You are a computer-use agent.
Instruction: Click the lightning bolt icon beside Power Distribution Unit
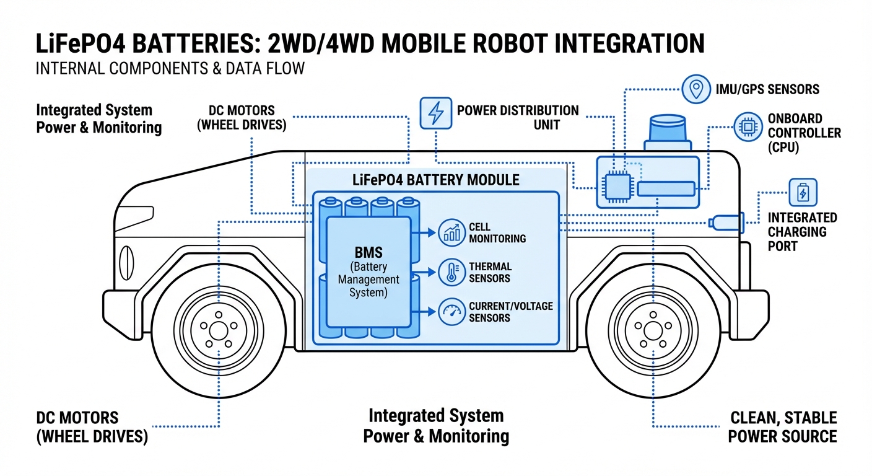(x=436, y=113)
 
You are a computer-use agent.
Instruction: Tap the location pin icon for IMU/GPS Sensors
(x=696, y=89)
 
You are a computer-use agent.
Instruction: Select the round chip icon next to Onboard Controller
(x=748, y=127)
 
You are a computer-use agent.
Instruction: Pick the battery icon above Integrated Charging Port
(x=803, y=193)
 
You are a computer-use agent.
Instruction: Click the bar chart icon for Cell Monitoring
(x=452, y=232)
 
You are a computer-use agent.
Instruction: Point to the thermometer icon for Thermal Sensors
(x=452, y=272)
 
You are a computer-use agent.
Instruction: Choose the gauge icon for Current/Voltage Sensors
(x=452, y=312)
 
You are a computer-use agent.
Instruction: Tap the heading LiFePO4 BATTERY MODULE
(x=435, y=180)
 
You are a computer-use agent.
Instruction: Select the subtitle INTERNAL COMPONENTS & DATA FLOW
(x=170, y=68)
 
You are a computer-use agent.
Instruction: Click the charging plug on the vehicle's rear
(x=726, y=221)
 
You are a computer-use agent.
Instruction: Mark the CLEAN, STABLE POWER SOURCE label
(x=782, y=426)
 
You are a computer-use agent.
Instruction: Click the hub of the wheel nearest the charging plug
(x=653, y=330)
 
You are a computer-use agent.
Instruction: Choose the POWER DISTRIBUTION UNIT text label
(x=518, y=117)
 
